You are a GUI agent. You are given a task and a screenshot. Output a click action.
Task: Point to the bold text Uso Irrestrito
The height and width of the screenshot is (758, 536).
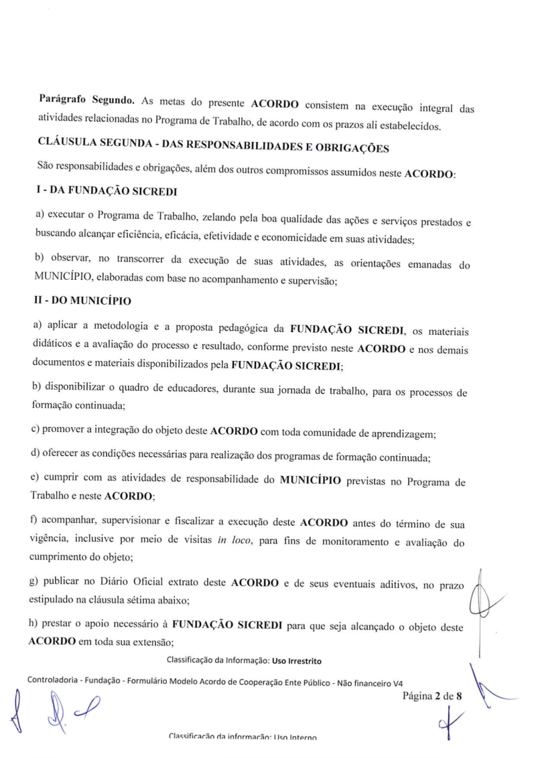[296, 662]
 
